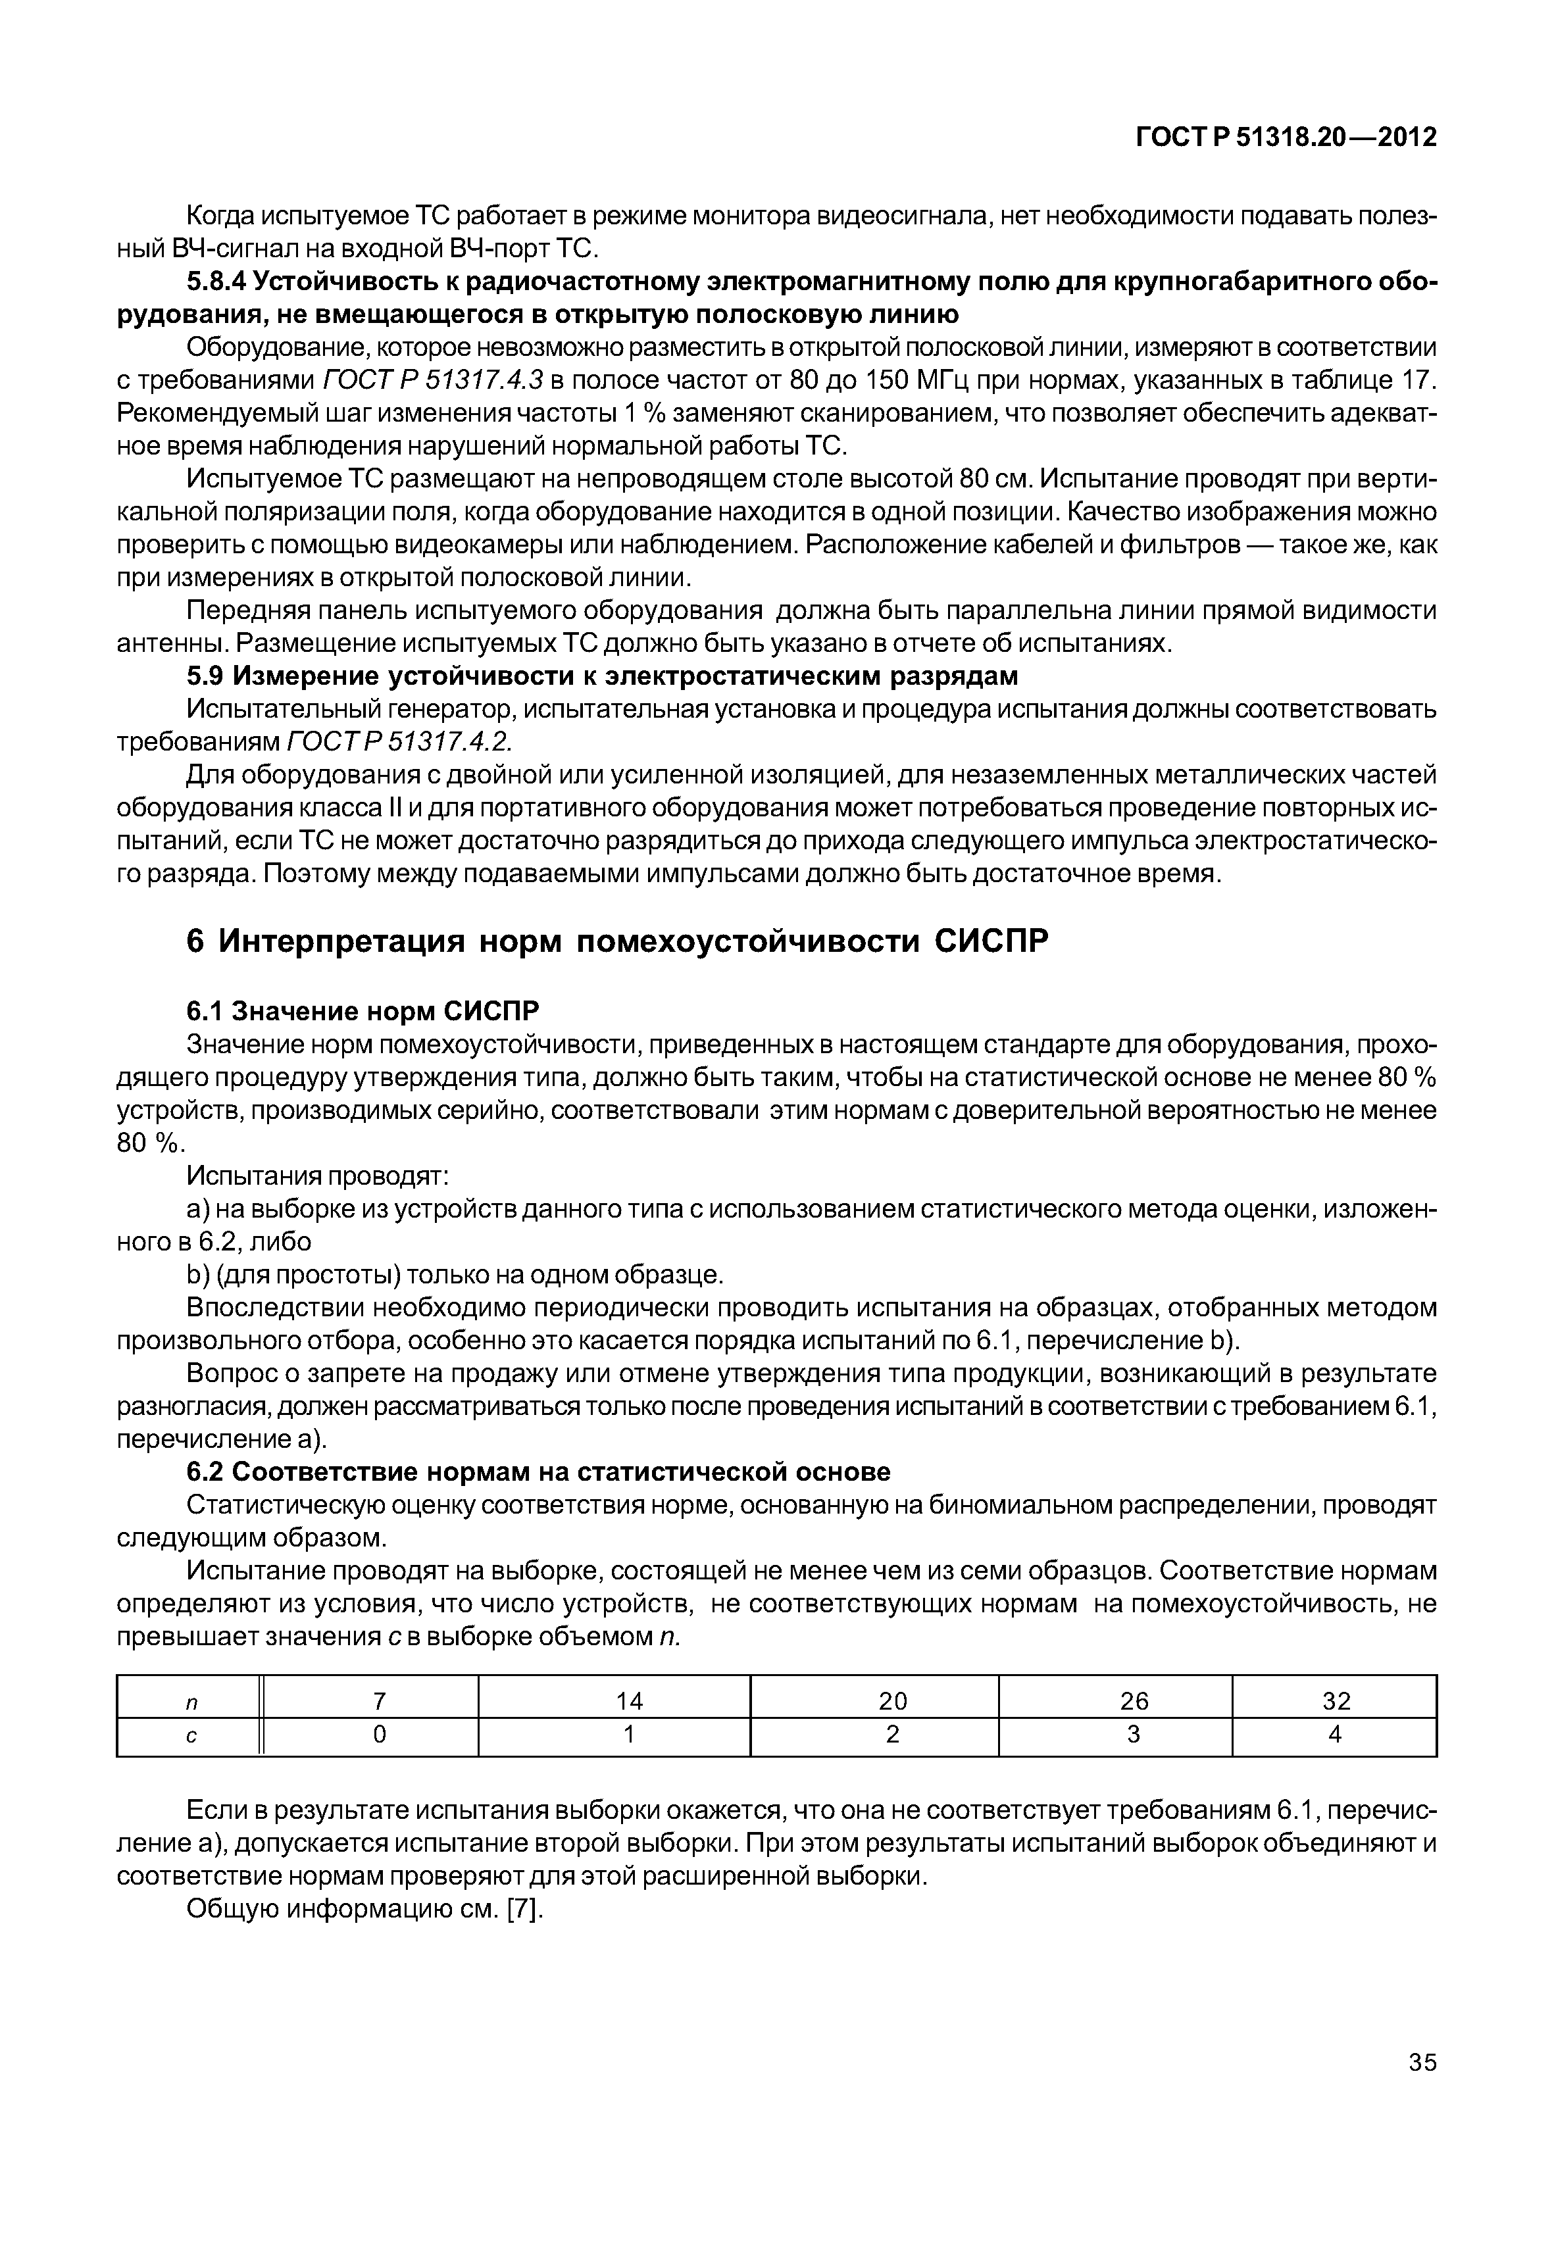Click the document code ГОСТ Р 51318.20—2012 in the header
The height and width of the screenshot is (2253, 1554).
click(x=1286, y=138)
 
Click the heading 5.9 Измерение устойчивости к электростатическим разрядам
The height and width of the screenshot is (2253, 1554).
click(x=602, y=676)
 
